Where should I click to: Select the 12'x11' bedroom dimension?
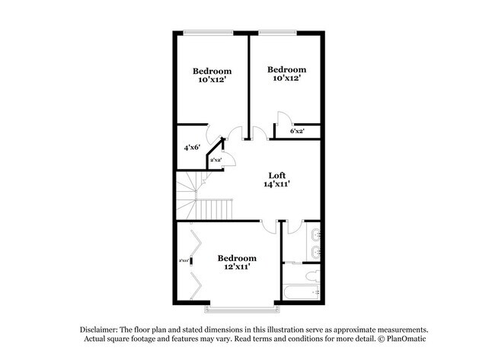coord(236,267)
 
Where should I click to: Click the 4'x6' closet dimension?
coord(192,147)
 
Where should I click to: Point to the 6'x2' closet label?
coord(297,131)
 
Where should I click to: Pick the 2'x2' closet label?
coord(216,160)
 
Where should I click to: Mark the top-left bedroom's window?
coord(208,32)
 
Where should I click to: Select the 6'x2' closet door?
coord(283,119)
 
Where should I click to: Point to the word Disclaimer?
coord(102,328)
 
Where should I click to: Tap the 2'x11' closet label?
coord(184,261)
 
